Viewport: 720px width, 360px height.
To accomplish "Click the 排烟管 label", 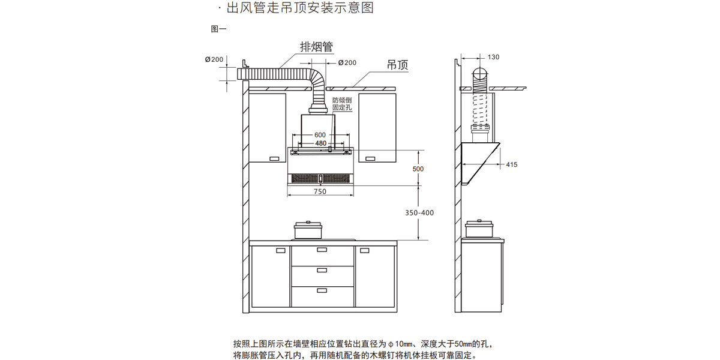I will click(317, 47).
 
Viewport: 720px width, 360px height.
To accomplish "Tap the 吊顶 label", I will click(398, 65).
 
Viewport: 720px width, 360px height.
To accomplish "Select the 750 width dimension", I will click(320, 191).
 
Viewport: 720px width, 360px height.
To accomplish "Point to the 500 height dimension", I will click(418, 169).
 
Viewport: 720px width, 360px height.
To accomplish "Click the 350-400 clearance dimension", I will click(419, 213).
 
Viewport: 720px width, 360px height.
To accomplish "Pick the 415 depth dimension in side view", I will click(511, 164).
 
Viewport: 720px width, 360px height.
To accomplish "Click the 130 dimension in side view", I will click(493, 57).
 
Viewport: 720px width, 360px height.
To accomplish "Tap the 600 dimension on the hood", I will click(320, 135).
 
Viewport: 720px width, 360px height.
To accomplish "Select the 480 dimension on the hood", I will click(320, 143).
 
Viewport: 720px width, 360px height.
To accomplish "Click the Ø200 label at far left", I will click(214, 59).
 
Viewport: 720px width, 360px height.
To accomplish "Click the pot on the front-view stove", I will click(308, 231).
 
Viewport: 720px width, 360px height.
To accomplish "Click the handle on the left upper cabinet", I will click(275, 158).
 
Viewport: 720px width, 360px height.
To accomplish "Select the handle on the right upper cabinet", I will click(370, 158).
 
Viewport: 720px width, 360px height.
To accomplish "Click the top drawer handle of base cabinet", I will click(322, 250).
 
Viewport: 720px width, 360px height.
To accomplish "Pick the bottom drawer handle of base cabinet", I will click(322, 290).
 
